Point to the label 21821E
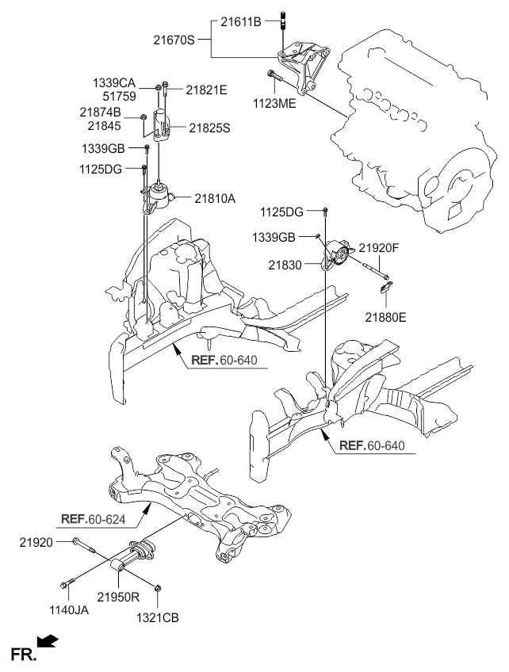[x=206, y=90]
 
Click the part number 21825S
[x=209, y=128]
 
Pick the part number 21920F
[x=381, y=248]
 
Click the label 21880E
[x=385, y=317]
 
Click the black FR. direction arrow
[x=48, y=640]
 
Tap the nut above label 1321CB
[x=159, y=588]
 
